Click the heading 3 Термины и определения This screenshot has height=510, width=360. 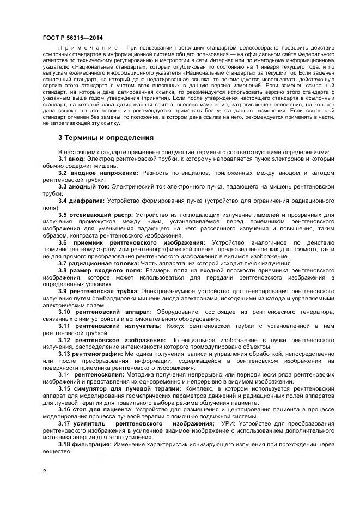[106, 137]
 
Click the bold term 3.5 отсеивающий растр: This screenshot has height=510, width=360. [95, 215]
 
